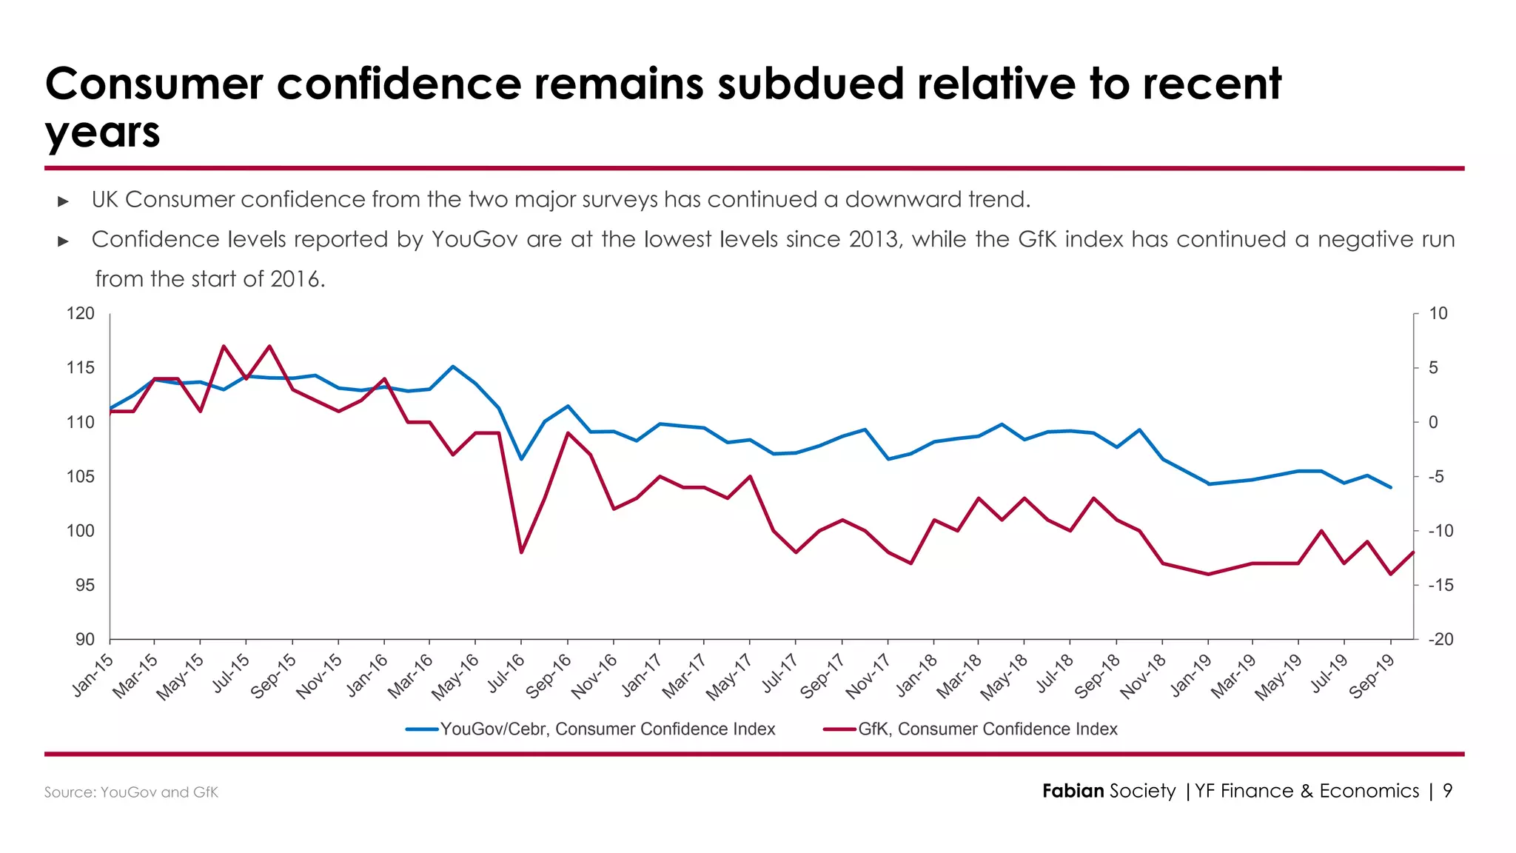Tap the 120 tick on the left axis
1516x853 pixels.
tap(81, 314)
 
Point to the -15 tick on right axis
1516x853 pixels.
tap(1440, 585)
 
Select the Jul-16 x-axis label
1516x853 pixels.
tap(506, 673)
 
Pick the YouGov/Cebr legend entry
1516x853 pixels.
tap(607, 729)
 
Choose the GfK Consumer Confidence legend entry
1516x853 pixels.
tap(987, 729)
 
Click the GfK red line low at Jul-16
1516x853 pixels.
tap(521, 552)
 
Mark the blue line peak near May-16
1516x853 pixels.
tap(453, 367)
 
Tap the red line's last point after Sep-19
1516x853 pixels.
tap(1413, 552)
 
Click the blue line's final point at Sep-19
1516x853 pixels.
tap(1391, 487)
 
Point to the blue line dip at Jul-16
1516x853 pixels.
tap(521, 459)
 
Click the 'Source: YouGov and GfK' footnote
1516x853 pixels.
tap(131, 792)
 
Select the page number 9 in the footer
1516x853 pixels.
tap(1447, 791)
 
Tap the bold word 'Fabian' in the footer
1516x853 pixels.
tap(1073, 791)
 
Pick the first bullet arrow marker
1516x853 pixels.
tap(63, 201)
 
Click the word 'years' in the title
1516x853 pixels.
tap(102, 133)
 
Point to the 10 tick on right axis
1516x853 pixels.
tap(1438, 314)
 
